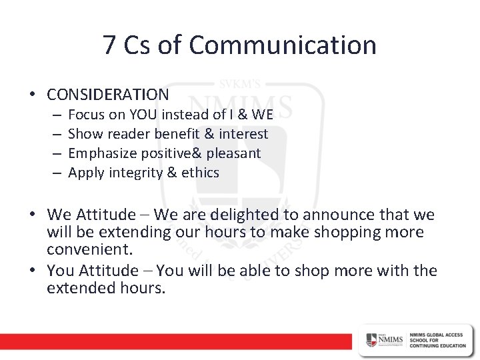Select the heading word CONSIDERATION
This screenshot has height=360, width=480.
(108, 94)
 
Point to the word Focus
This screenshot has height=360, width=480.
(85, 115)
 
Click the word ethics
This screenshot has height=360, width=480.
(201, 173)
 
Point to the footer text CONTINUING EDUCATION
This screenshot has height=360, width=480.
(431, 345)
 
